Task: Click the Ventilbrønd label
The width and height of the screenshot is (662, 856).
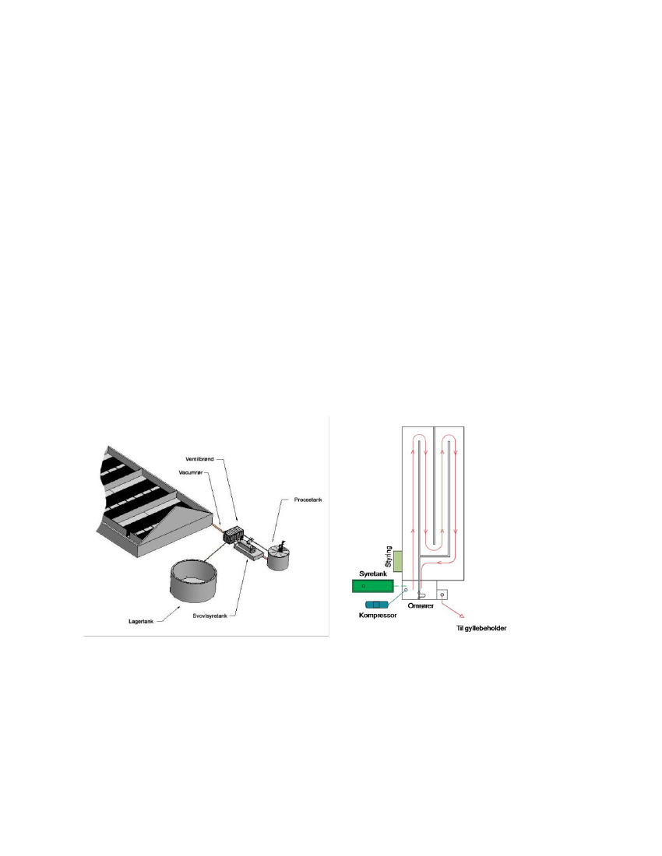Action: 200,459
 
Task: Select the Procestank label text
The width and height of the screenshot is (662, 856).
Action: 308,500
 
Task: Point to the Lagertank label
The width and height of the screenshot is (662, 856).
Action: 142,621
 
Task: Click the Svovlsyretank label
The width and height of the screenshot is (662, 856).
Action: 210,616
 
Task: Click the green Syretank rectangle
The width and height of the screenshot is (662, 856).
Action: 372,586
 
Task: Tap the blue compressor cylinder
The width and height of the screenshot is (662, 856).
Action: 376,605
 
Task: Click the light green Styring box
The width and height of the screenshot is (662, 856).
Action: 398,562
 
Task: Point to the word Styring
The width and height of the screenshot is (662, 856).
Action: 389,556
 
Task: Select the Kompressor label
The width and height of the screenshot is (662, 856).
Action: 378,616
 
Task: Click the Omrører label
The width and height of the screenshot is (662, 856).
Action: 421,605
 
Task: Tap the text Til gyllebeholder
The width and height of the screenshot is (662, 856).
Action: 481,628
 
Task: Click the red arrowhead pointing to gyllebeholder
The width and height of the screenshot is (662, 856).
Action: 462,615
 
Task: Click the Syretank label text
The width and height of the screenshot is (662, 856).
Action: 373,574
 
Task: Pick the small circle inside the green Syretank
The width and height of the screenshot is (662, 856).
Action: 363,586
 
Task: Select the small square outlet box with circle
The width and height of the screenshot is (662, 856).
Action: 442,595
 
